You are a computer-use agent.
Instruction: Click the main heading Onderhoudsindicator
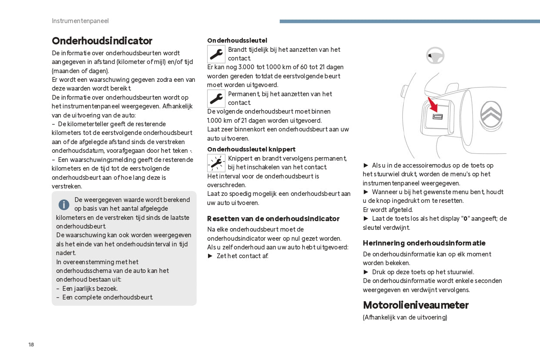click(102, 41)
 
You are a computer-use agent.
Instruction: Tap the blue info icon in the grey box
click(64, 205)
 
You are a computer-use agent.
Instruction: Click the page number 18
click(31, 345)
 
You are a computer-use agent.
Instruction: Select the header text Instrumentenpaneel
click(80, 21)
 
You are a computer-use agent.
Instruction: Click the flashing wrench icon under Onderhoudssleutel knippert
click(216, 163)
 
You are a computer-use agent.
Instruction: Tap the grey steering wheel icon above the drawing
click(435, 55)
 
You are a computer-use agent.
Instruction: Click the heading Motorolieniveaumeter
click(416, 305)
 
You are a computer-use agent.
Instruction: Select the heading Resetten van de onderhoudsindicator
click(273, 219)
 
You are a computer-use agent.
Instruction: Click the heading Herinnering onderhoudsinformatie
click(424, 243)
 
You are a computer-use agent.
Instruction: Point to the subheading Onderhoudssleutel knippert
click(251, 149)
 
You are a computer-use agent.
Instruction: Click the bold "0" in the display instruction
click(465, 219)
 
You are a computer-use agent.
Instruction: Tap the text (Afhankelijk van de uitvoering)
click(405, 317)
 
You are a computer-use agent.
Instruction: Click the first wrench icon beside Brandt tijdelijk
click(216, 54)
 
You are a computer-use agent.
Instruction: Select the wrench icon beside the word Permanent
click(216, 99)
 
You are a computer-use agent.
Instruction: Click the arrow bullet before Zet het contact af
click(210, 256)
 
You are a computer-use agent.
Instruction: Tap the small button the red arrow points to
click(437, 117)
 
